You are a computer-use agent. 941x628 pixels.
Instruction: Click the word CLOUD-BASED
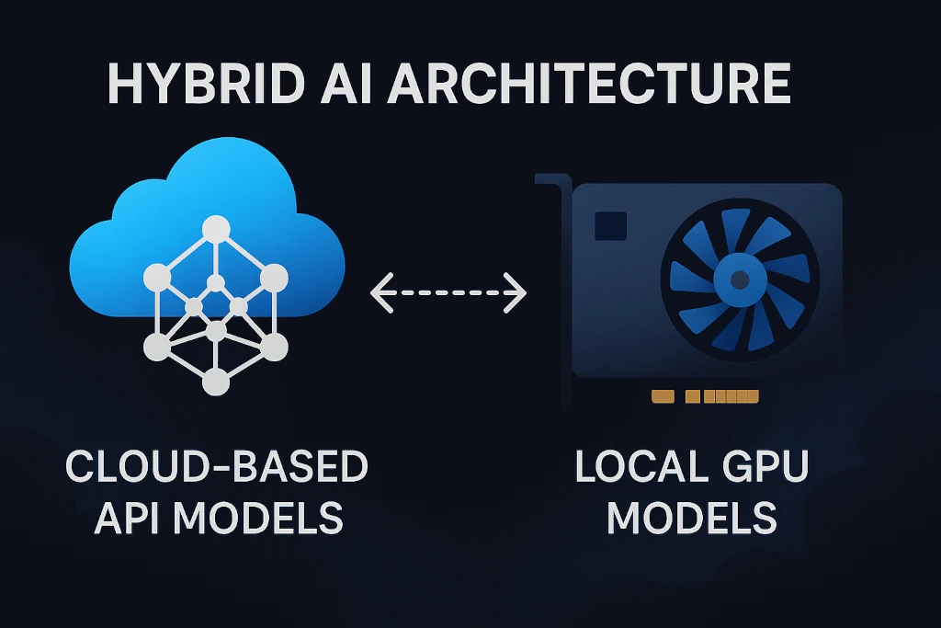[x=217, y=466]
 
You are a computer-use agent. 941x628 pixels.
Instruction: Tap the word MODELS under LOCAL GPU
[x=692, y=518]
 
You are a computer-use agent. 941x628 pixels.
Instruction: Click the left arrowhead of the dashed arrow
[x=380, y=293]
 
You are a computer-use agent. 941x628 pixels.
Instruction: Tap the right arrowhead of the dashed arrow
[x=516, y=293]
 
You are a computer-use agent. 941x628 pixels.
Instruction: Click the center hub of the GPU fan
[x=740, y=280]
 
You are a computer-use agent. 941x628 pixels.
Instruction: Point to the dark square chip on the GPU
[x=610, y=226]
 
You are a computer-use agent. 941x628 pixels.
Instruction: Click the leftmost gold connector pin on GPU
[x=663, y=396]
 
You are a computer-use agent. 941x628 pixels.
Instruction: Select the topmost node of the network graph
[x=216, y=229]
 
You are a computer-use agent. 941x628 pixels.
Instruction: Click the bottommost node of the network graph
[x=216, y=382]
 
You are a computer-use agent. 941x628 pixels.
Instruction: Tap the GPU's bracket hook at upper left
[x=552, y=180]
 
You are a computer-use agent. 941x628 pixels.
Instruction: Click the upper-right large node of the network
[x=274, y=278]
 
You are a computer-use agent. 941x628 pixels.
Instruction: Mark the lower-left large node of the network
[x=157, y=347]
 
